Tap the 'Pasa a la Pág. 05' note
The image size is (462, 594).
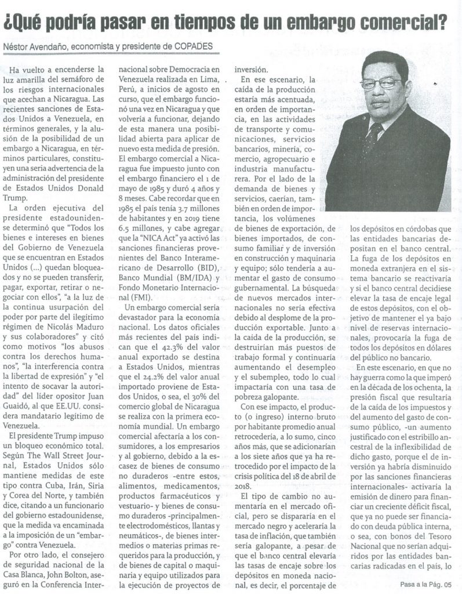point(425,585)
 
